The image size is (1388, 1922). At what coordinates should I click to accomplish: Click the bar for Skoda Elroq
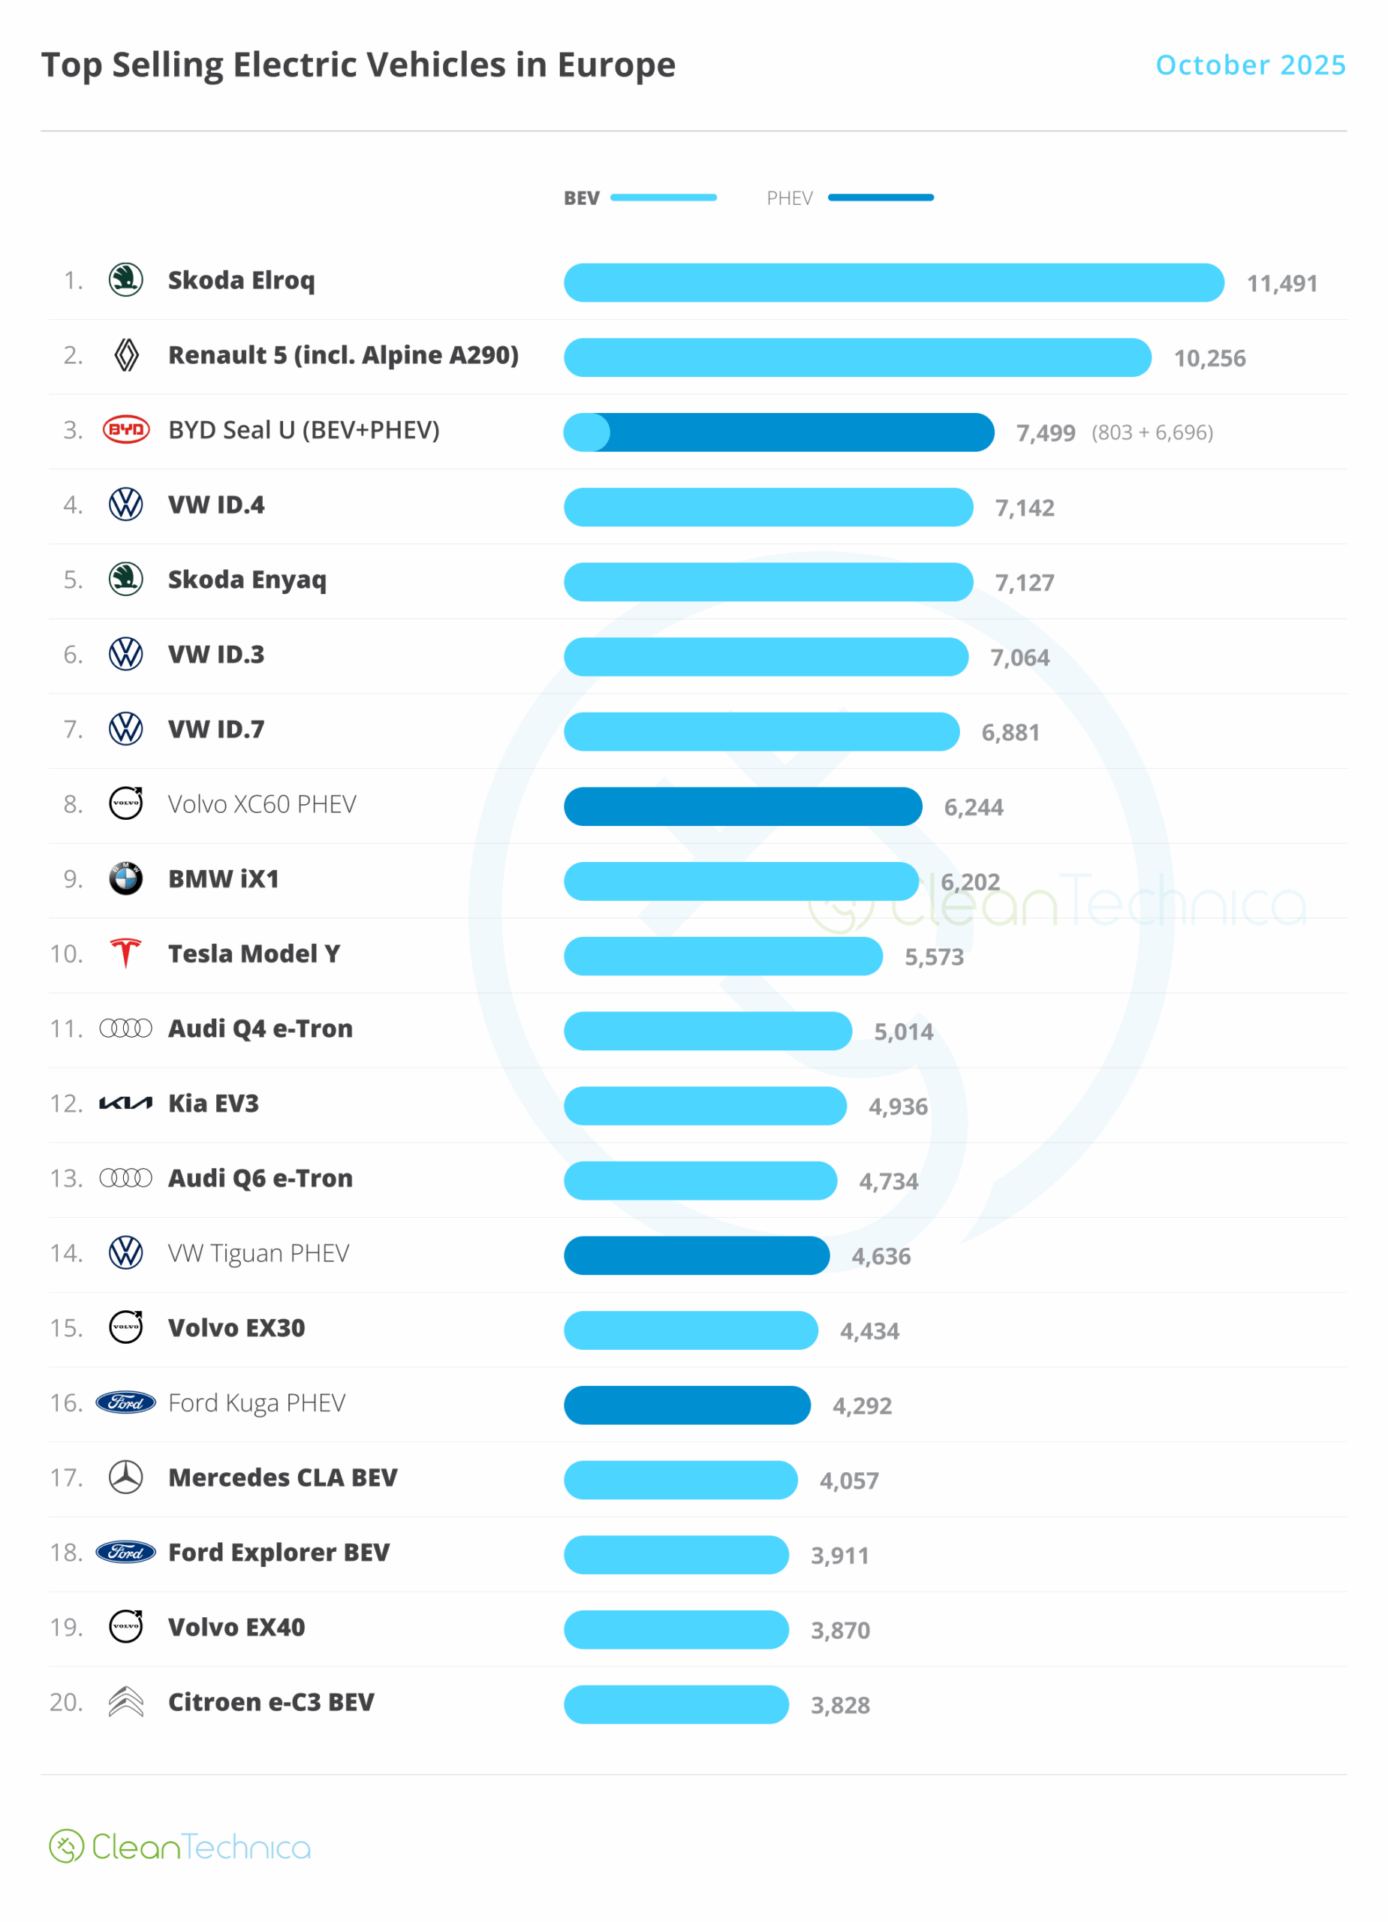[894, 283]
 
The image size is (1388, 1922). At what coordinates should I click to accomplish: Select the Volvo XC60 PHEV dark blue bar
[743, 807]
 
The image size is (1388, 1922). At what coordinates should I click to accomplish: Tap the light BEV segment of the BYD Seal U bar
[586, 433]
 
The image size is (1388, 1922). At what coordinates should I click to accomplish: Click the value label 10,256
[1209, 358]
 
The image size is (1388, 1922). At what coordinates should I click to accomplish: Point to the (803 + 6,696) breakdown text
[1152, 433]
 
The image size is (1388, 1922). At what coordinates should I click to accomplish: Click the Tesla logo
[126, 953]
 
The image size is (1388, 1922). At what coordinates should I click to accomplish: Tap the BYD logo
[126, 429]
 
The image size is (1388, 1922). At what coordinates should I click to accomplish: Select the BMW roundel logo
[126, 879]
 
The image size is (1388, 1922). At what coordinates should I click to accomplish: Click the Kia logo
[126, 1104]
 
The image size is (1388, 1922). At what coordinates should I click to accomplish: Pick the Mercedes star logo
[126, 1477]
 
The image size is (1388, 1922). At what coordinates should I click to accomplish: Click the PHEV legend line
[881, 197]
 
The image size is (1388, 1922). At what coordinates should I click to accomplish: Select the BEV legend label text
[581, 198]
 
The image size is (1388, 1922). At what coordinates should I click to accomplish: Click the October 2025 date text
[1250, 65]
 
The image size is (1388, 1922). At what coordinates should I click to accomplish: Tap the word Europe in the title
[616, 65]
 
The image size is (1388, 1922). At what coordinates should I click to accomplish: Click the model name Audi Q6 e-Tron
[260, 1178]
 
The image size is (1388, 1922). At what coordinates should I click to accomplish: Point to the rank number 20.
[66, 1702]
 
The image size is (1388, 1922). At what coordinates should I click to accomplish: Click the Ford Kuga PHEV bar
[687, 1405]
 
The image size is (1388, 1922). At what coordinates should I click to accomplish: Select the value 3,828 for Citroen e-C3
[840, 1705]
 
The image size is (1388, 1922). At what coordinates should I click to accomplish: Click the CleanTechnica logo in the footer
[179, 1847]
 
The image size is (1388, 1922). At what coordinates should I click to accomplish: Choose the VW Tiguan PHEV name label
[258, 1252]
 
